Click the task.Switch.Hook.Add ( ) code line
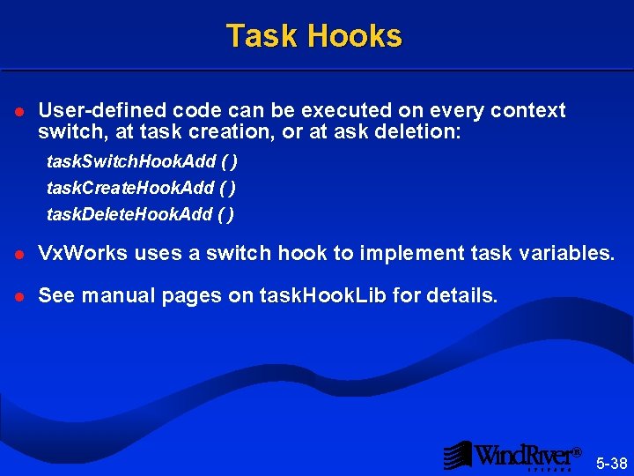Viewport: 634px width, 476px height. [x=142, y=162]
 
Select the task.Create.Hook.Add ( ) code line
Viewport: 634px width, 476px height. [x=141, y=188]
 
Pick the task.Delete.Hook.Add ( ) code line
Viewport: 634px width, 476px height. [x=140, y=213]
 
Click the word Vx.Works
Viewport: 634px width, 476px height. [x=82, y=254]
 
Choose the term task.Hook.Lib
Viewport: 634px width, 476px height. [x=323, y=296]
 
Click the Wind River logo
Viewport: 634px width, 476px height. [x=512, y=455]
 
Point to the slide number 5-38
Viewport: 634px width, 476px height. [x=611, y=463]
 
